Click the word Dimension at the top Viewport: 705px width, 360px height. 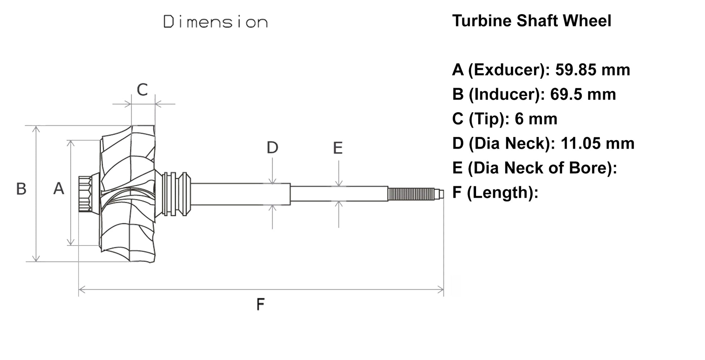coord(216,22)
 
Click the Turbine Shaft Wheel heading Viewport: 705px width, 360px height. coord(531,21)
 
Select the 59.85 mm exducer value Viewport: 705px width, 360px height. coord(593,70)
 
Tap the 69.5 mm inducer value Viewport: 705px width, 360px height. coord(583,95)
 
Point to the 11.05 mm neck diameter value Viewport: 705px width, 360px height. coord(597,143)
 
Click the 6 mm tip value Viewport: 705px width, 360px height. coord(536,119)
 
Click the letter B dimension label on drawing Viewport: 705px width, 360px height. coord(21,189)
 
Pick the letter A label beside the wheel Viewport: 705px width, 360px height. coord(59,189)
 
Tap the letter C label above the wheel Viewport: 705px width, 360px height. coord(142,89)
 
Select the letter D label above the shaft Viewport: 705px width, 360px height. coord(272,148)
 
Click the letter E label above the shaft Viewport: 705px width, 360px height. coord(338,148)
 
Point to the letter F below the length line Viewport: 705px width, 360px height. coord(260,305)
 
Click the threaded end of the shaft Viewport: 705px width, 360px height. coord(411,194)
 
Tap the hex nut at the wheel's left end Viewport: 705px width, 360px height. coord(85,194)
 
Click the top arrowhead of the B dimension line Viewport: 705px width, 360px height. coord(36,129)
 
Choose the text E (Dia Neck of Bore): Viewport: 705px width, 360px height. coord(534,168)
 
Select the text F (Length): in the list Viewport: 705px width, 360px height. coord(495,192)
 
